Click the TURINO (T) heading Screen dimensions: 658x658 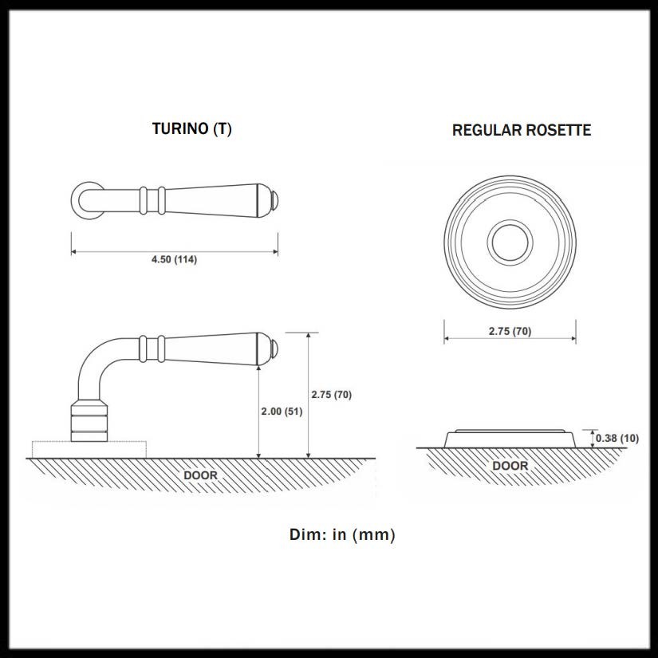[x=191, y=128]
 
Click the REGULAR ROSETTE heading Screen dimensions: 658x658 [x=522, y=130]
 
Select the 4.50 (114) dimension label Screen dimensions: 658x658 [x=174, y=260]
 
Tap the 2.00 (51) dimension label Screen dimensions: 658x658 [x=282, y=412]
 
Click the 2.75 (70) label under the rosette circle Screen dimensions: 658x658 [x=510, y=331]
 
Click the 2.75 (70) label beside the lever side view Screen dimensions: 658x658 [x=331, y=394]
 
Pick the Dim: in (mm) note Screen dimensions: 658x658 [x=342, y=534]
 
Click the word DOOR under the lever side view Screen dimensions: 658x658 [x=200, y=475]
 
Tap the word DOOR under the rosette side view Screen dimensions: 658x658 [x=510, y=465]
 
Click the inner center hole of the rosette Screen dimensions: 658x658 [x=510, y=242]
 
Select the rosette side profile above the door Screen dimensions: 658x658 [x=510, y=438]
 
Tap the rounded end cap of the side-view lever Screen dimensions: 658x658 [x=274, y=349]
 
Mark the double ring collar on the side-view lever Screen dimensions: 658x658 [x=153, y=348]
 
